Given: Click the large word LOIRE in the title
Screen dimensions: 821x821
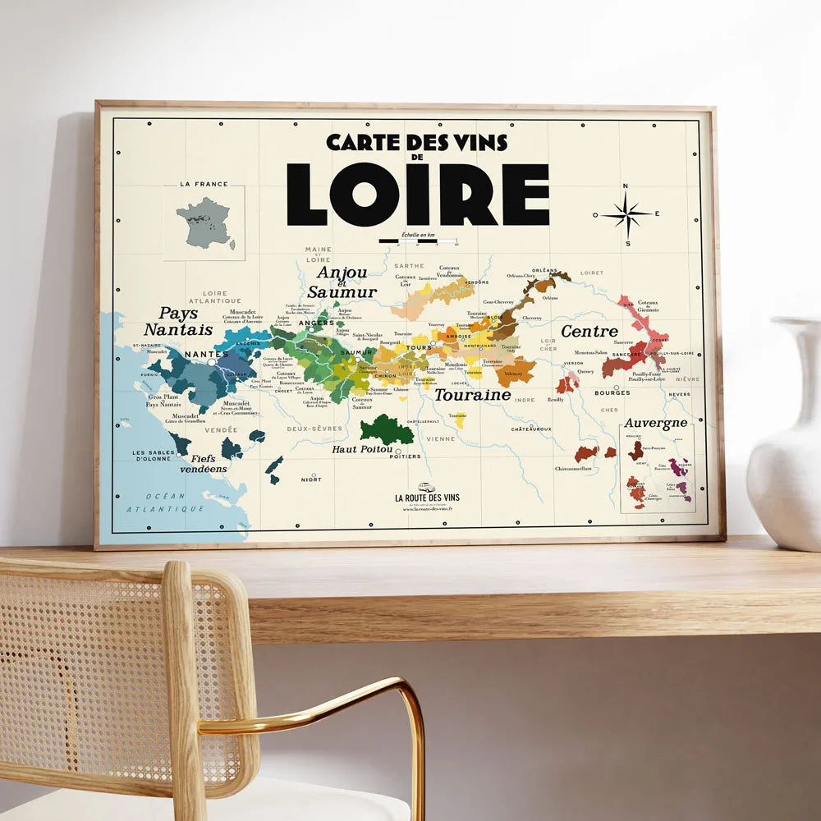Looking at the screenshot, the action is (417, 195).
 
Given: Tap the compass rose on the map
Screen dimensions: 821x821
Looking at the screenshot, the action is (626, 215).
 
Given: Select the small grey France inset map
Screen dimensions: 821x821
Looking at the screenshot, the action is (204, 222).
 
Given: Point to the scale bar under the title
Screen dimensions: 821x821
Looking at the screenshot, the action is (418, 241).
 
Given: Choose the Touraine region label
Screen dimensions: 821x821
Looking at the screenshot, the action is (472, 395).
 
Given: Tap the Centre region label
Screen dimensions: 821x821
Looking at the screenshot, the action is (589, 332).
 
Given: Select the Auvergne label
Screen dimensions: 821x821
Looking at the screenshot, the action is (655, 423).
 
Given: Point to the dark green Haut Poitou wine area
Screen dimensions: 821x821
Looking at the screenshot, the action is (386, 429).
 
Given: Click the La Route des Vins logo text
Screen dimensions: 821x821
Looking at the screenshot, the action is (427, 498).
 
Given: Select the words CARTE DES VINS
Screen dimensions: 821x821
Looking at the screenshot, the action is (417, 142).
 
